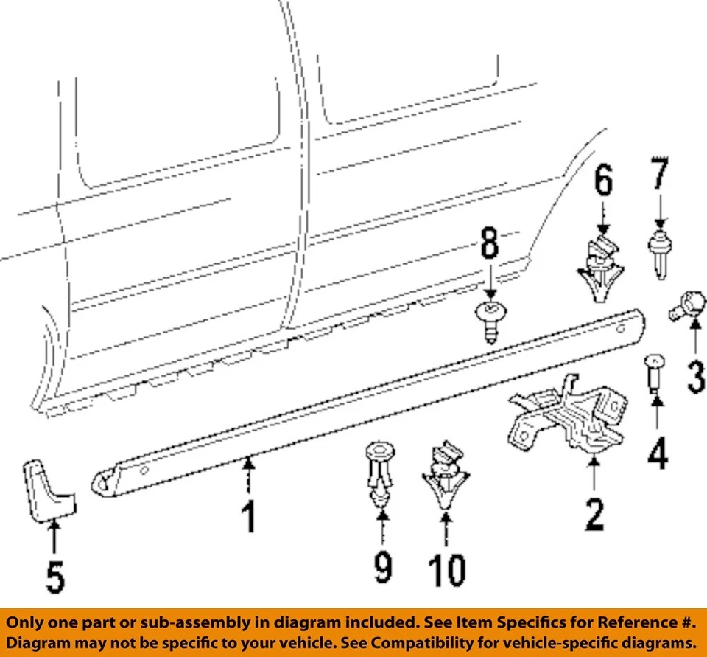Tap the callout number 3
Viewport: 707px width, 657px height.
[694, 374]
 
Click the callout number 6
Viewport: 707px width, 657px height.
[603, 181]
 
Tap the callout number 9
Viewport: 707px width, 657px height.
[382, 566]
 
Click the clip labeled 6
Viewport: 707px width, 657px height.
[602, 268]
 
